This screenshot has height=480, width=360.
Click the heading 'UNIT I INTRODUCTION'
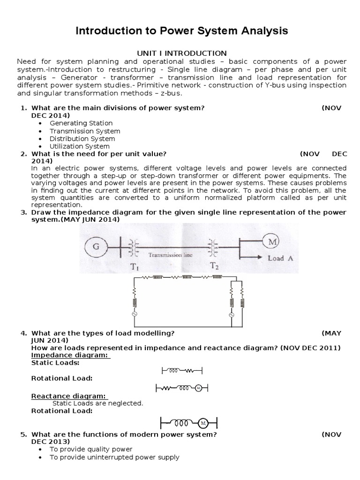pyautogui.click(x=181, y=53)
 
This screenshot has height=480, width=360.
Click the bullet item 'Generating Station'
pyautogui.click(x=81, y=123)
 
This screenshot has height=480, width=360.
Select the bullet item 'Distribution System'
pyautogui.click(x=82, y=139)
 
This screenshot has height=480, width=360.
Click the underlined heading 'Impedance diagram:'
pyautogui.click(x=70, y=355)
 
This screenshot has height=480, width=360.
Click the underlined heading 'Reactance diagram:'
pyautogui.click(x=69, y=396)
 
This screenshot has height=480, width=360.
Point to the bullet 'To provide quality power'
pyautogui.click(x=91, y=449)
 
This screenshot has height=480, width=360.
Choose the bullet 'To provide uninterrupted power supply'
pyautogui.click(x=114, y=457)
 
